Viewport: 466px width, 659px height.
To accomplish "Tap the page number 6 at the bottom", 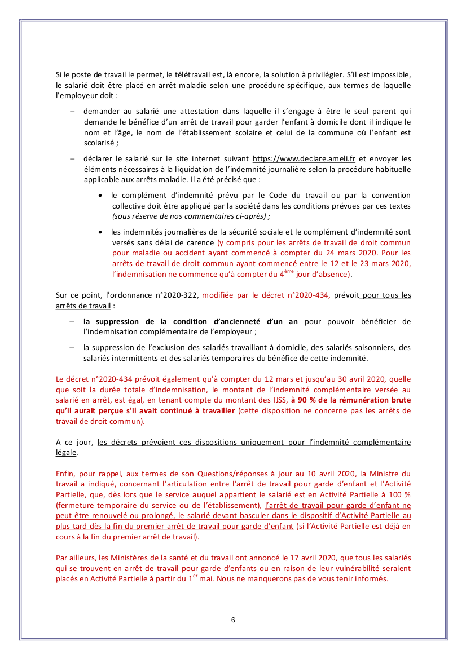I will tap(233, 620).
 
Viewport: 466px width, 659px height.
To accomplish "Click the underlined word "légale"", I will tap(67, 452).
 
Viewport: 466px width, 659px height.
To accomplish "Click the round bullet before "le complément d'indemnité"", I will tap(100, 195).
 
